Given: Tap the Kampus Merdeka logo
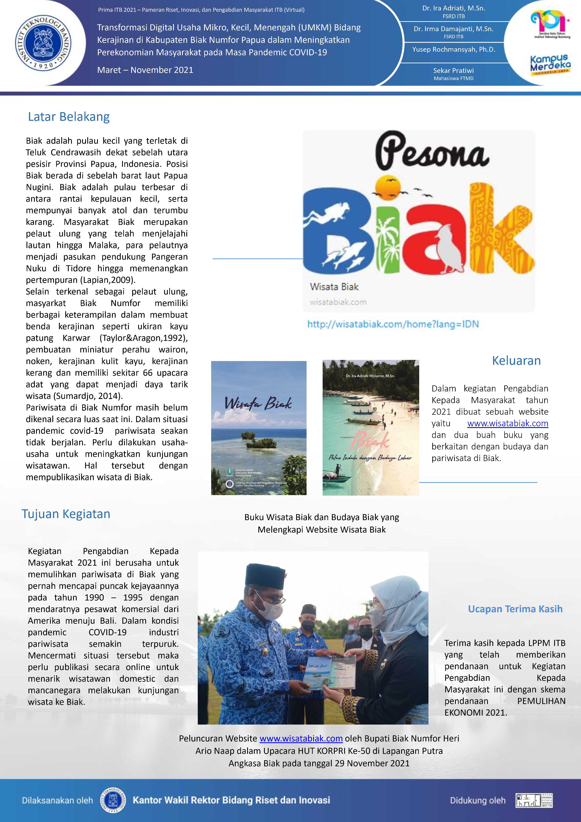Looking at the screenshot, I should (x=550, y=64).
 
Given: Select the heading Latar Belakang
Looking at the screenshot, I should (x=69, y=117).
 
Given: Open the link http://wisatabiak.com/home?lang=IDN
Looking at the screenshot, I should (x=393, y=324).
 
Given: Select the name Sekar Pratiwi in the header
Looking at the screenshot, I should (x=453, y=71).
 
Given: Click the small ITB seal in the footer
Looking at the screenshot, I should (x=113, y=800).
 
